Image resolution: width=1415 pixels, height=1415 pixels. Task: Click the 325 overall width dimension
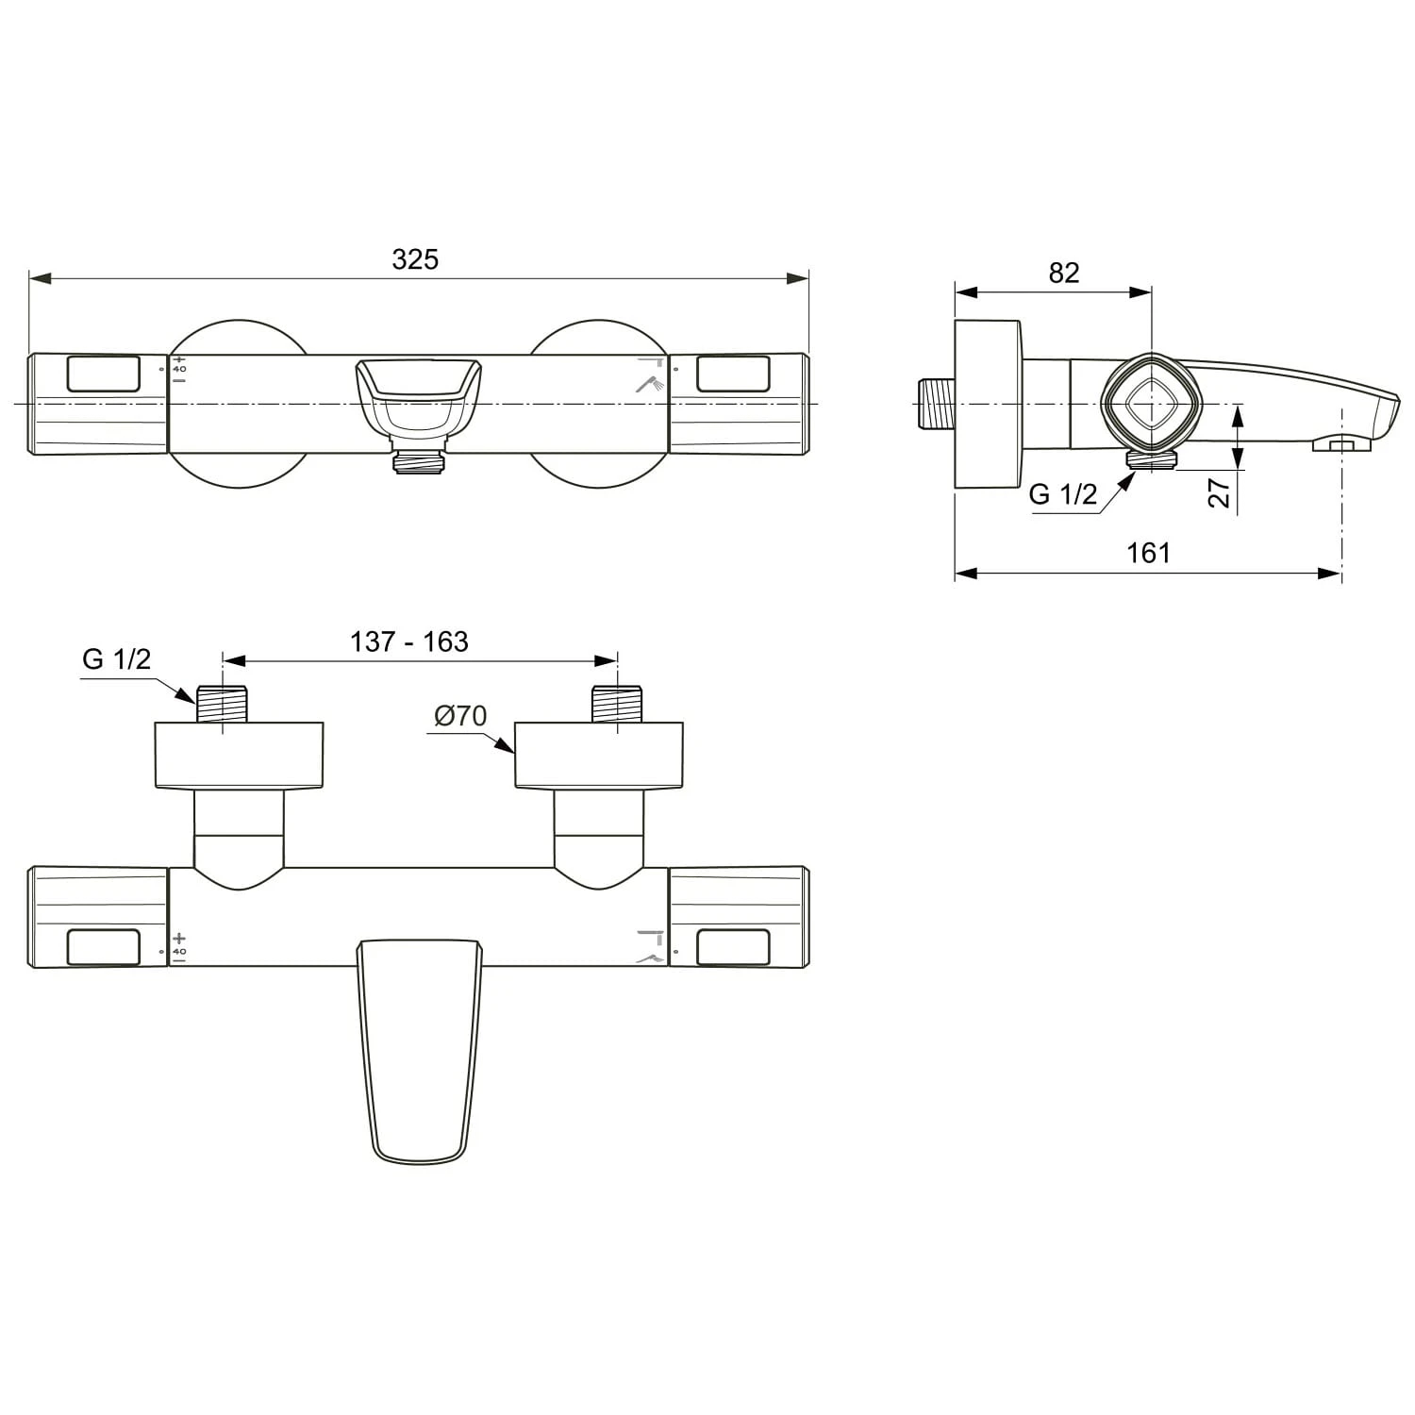click(x=415, y=259)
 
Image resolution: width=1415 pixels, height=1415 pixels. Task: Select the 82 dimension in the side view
click(x=1063, y=273)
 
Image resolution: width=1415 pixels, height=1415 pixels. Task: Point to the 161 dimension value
click(x=1148, y=553)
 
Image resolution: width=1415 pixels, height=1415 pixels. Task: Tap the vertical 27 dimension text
click(x=1220, y=491)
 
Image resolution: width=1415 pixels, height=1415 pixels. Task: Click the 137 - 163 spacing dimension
click(x=409, y=641)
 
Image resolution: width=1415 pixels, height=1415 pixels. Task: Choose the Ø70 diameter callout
click(x=460, y=716)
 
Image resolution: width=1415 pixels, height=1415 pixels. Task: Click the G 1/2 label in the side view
click(x=1063, y=493)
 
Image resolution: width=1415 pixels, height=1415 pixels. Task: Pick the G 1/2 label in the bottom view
click(x=116, y=658)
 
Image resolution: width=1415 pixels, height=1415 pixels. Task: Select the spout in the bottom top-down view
click(x=420, y=1047)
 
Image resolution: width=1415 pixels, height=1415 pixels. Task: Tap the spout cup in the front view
click(x=419, y=396)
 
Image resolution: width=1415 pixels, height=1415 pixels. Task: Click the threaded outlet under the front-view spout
click(x=419, y=461)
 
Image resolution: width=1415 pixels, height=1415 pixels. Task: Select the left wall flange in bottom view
click(x=239, y=755)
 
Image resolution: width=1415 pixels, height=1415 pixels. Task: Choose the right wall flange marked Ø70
click(x=598, y=755)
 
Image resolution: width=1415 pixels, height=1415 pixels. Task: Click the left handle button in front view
click(x=104, y=374)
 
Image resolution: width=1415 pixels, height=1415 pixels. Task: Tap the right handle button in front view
click(x=732, y=374)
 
